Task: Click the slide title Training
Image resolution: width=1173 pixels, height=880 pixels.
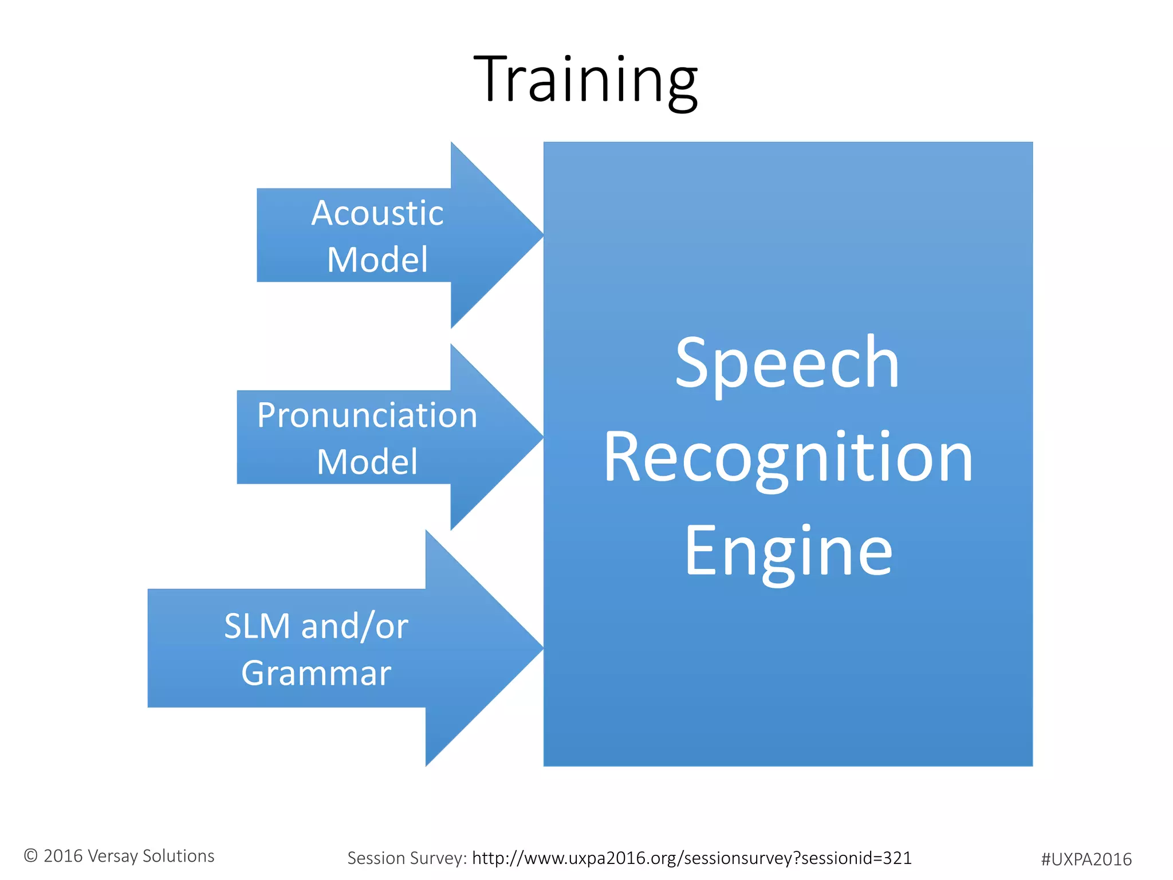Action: point(585,80)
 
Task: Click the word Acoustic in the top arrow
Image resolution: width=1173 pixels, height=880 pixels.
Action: point(377,213)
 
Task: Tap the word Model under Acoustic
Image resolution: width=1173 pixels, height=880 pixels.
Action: point(377,260)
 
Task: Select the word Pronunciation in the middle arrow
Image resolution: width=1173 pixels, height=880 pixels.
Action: point(367,415)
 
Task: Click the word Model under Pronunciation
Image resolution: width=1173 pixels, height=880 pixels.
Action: point(367,462)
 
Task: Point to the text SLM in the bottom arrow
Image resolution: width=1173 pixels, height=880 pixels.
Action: point(257,626)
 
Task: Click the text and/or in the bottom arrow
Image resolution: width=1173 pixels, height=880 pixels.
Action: point(355,626)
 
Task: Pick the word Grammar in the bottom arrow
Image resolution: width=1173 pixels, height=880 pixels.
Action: point(316,673)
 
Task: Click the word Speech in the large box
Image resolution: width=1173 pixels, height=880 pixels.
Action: point(787,363)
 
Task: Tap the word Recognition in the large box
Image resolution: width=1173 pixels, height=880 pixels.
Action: point(788,457)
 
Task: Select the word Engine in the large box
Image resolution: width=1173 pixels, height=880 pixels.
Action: point(788,551)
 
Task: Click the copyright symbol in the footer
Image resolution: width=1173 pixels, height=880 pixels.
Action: point(31,856)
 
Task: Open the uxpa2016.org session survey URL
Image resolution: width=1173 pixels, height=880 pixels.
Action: point(691,858)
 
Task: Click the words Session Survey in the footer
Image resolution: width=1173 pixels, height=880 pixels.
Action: point(407,858)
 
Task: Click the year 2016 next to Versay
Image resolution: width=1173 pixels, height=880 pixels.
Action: point(63,856)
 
